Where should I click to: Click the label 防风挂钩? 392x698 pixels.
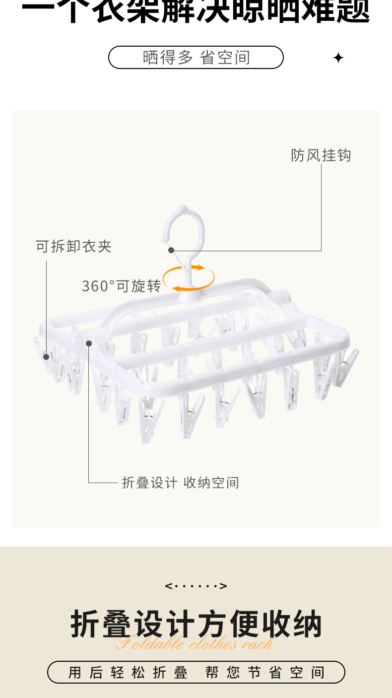click(x=321, y=155)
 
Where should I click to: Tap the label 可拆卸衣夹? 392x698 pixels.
click(x=74, y=246)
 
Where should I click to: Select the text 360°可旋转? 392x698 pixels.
click(x=121, y=286)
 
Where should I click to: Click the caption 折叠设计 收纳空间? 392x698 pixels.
click(x=181, y=483)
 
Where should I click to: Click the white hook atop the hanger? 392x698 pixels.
click(x=184, y=228)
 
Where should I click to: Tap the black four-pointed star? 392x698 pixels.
click(x=338, y=58)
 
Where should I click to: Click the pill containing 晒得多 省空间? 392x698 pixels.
click(x=196, y=58)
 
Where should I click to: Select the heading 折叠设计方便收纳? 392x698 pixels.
click(x=196, y=624)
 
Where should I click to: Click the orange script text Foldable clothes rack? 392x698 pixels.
click(x=195, y=644)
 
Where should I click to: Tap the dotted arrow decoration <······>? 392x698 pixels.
click(x=196, y=586)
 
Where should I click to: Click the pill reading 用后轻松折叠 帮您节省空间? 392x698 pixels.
click(x=196, y=672)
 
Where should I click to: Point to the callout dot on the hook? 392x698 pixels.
click(x=171, y=251)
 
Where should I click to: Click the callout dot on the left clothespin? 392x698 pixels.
click(x=46, y=356)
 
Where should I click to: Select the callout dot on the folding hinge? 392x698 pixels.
click(x=89, y=343)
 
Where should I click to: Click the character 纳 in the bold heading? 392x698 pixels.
click(x=306, y=624)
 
